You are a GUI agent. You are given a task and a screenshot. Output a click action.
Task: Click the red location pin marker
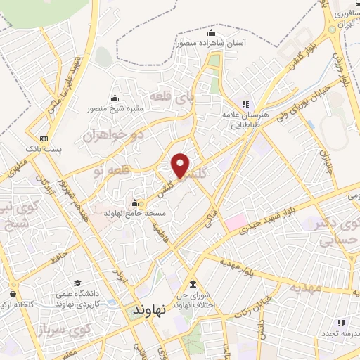(181, 165)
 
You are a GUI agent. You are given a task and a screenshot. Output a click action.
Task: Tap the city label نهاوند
(148, 309)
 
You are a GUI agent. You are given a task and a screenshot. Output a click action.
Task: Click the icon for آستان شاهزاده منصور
(211, 33)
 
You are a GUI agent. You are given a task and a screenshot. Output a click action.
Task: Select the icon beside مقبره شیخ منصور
(115, 98)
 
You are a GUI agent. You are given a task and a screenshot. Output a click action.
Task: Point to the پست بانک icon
(44, 139)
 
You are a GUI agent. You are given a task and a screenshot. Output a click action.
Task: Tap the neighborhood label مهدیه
(303, 288)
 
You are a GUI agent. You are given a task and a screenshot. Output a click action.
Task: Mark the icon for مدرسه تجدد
(341, 323)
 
